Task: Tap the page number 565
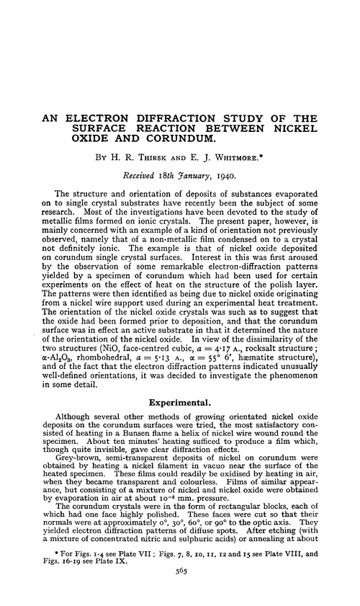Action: [179, 588]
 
